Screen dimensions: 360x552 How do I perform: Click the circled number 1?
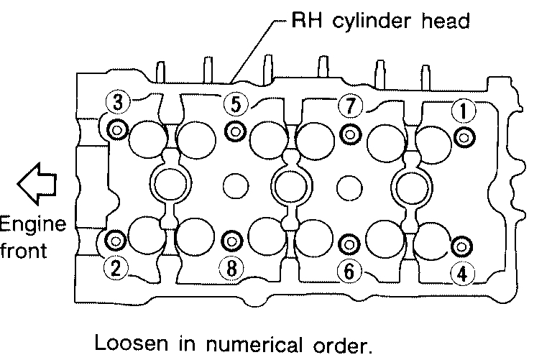click(463, 110)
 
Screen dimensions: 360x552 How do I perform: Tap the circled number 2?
click(116, 268)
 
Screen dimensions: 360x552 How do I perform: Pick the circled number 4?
click(462, 273)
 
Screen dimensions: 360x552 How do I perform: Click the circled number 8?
click(231, 269)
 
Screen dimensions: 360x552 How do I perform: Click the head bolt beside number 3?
click(116, 130)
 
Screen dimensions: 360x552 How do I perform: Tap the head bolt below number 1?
click(464, 137)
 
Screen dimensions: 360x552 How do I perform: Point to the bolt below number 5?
click(234, 131)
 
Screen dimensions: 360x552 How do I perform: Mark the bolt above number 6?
click(349, 244)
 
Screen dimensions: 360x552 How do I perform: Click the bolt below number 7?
click(350, 134)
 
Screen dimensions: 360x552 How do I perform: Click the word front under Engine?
click(23, 251)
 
